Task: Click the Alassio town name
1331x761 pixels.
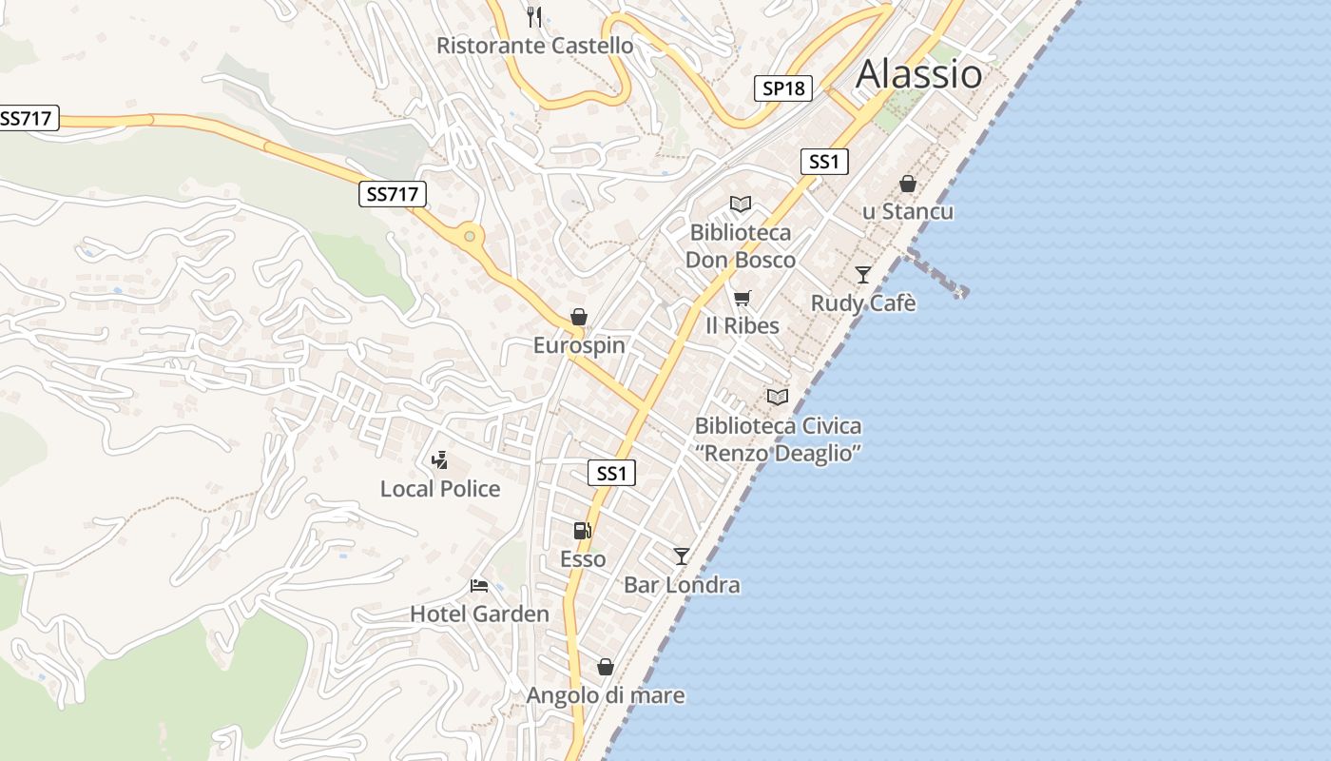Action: pyautogui.click(x=918, y=74)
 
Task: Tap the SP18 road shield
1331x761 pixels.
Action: pyautogui.click(x=783, y=88)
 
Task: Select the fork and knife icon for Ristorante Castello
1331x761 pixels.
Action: pyautogui.click(x=534, y=16)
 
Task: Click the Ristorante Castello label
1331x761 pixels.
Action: pyautogui.click(x=534, y=45)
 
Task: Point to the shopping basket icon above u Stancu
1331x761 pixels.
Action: pyautogui.click(x=908, y=184)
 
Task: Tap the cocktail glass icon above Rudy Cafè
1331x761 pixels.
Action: pyautogui.click(x=862, y=275)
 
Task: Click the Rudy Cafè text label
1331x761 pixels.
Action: pyautogui.click(x=863, y=303)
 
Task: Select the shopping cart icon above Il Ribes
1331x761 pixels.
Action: pyautogui.click(x=743, y=299)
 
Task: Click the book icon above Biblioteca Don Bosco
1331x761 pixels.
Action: pyautogui.click(x=740, y=204)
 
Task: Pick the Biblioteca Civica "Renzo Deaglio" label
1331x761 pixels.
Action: pyautogui.click(x=778, y=439)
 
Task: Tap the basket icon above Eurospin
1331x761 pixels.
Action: pyautogui.click(x=578, y=317)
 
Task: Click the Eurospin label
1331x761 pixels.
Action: pyautogui.click(x=579, y=345)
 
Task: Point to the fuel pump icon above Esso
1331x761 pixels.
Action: pyautogui.click(x=582, y=531)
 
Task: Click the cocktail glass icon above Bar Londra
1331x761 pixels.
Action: pyautogui.click(x=682, y=556)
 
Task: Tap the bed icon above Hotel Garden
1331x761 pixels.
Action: pyautogui.click(x=479, y=586)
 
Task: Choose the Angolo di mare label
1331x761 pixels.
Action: pyautogui.click(x=606, y=695)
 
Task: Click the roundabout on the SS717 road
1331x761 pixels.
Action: pyautogui.click(x=469, y=235)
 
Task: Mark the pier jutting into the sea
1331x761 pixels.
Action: pyautogui.click(x=936, y=273)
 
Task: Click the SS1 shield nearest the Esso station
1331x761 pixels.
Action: pyautogui.click(x=611, y=473)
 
